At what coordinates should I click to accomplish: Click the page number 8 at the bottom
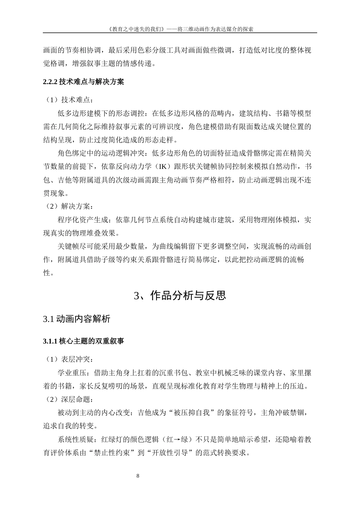click(138, 476)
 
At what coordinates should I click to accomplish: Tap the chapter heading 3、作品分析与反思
click(180, 296)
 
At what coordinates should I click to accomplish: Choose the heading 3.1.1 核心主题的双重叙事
click(83, 341)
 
